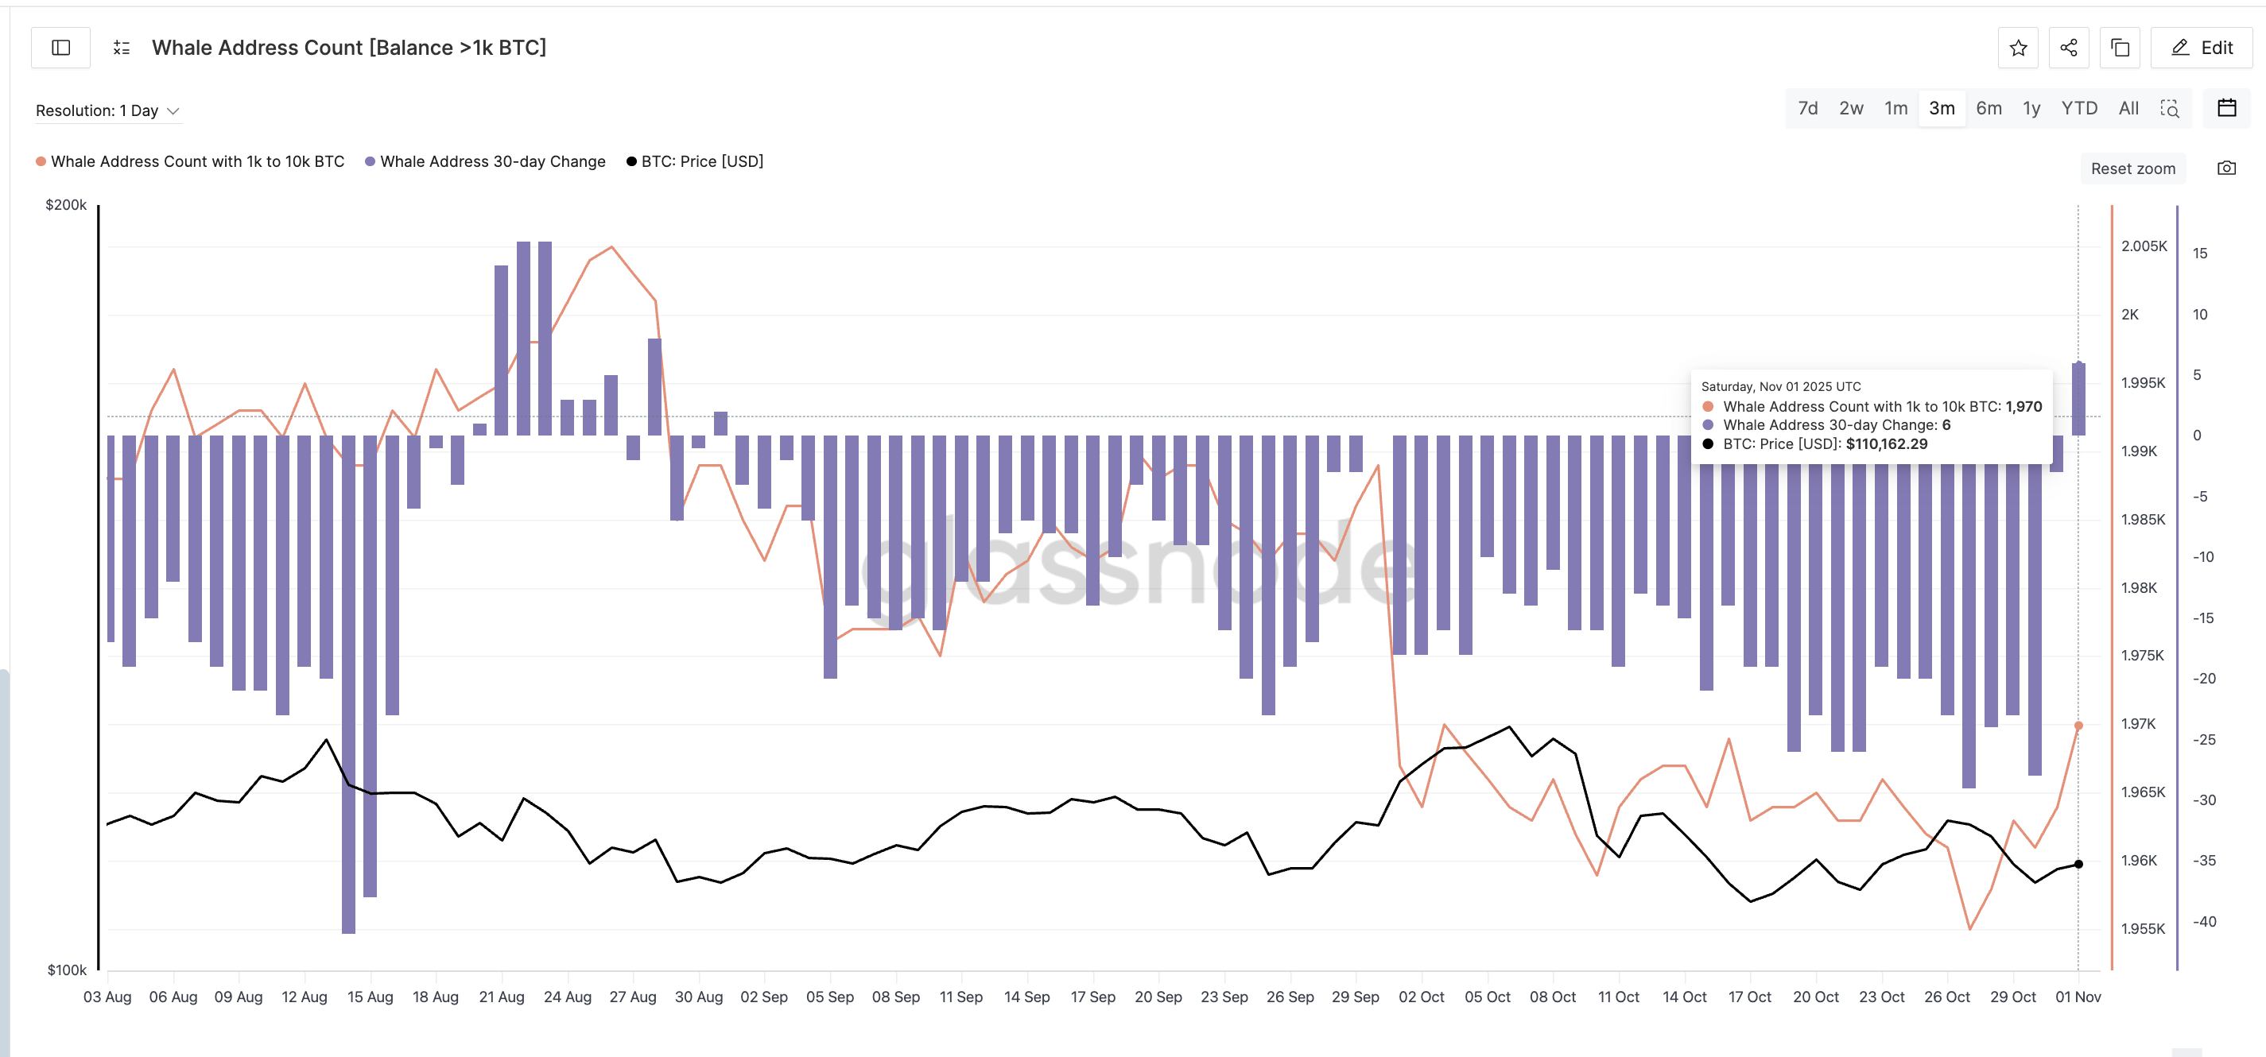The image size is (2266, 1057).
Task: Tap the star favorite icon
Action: pyautogui.click(x=2018, y=48)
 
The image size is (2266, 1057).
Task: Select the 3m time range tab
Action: pyautogui.click(x=1942, y=108)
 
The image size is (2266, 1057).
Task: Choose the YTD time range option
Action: pyautogui.click(x=2078, y=108)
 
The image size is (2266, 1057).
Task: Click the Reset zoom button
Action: pyautogui.click(x=2132, y=168)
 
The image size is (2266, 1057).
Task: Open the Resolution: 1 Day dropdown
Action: pyautogui.click(x=107, y=110)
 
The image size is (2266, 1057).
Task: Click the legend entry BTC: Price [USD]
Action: pyautogui.click(x=701, y=161)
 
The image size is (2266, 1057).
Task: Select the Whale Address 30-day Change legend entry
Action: pyautogui.click(x=491, y=161)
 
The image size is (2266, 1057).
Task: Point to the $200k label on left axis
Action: pyautogui.click(x=66, y=205)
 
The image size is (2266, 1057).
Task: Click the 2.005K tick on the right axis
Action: pyautogui.click(x=2144, y=246)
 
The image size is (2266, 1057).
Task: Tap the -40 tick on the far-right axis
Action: pyautogui.click(x=2203, y=922)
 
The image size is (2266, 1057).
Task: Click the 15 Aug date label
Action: pyautogui.click(x=370, y=997)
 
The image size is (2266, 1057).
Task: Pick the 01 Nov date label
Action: pyautogui.click(x=2078, y=997)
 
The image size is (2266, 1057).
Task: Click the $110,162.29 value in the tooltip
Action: pyautogui.click(x=1886, y=444)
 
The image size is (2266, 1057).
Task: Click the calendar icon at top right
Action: pyautogui.click(x=2226, y=108)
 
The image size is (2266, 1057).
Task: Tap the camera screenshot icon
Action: pyautogui.click(x=2226, y=168)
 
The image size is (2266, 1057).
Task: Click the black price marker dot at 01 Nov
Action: pyautogui.click(x=2078, y=864)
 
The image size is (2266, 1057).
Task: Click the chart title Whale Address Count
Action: pyautogui.click(x=348, y=48)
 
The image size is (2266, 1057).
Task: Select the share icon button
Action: pyautogui.click(x=2068, y=48)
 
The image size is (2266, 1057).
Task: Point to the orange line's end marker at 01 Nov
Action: pyautogui.click(x=2078, y=726)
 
